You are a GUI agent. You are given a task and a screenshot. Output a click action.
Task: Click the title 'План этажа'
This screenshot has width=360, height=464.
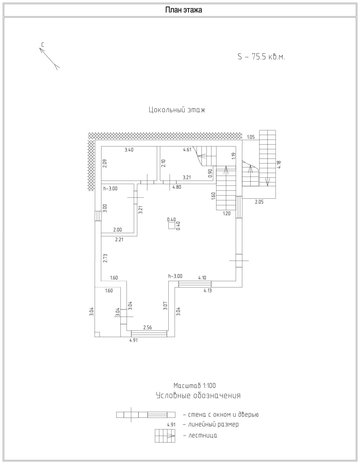[x=184, y=10]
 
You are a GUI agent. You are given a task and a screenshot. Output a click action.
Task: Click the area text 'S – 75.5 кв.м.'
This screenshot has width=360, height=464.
[x=261, y=57]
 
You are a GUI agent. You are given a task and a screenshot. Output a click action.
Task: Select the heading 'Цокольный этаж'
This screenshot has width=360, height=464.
[x=177, y=110]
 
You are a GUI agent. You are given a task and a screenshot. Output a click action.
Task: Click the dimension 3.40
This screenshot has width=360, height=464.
[x=129, y=150]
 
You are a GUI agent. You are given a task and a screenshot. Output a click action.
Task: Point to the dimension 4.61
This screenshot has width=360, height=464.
[x=187, y=150]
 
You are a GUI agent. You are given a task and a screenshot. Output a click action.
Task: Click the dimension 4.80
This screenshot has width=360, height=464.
[x=177, y=187]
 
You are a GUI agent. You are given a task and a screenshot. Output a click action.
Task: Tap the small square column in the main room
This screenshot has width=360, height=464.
[x=171, y=226]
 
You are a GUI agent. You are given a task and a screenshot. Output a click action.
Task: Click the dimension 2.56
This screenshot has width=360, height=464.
[x=147, y=328]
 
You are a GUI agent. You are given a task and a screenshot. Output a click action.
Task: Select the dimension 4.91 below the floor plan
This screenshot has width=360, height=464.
[x=133, y=340]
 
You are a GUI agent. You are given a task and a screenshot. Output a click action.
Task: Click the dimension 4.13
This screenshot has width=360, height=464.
[x=208, y=290]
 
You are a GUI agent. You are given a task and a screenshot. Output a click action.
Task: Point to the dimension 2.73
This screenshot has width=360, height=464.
[x=105, y=258]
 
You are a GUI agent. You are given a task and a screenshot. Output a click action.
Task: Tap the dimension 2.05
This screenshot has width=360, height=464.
[x=259, y=202]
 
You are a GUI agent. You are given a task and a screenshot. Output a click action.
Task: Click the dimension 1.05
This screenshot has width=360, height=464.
[x=251, y=137]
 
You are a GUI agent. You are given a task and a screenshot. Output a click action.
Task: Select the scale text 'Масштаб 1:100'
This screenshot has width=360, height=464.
[x=195, y=385]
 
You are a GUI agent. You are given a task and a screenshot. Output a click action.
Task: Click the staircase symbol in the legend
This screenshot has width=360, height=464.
[x=165, y=435]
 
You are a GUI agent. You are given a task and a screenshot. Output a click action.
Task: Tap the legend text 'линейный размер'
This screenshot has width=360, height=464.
[x=213, y=424]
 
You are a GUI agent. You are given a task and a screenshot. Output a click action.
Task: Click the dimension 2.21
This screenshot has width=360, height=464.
[x=119, y=240]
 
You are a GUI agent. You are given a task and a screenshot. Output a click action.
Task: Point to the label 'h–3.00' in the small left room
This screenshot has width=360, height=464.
[x=110, y=189]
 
